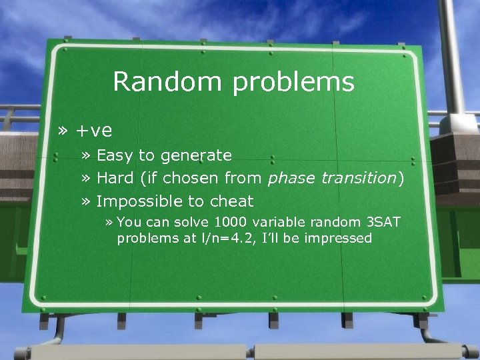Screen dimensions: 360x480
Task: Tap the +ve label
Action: tap(94, 130)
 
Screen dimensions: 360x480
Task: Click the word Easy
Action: tap(115, 156)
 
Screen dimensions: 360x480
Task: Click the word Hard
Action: tap(114, 178)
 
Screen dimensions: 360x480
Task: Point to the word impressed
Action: tap(337, 239)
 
